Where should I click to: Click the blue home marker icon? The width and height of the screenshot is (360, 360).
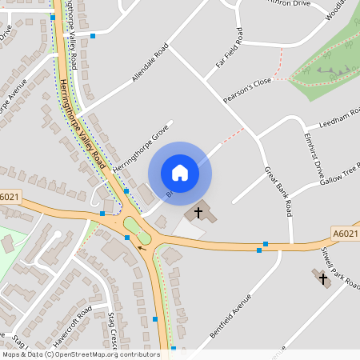tap(179, 173)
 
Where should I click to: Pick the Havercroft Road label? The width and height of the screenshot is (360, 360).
tap(73, 327)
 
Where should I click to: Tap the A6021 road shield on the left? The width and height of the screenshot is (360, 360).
tap(10, 197)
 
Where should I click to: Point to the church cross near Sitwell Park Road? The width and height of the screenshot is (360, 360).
tap(323, 279)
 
